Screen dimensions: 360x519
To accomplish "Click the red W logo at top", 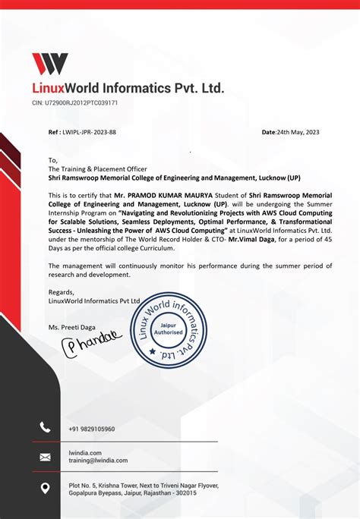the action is click(x=49, y=64).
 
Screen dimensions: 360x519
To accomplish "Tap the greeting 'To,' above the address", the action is click(x=53, y=161).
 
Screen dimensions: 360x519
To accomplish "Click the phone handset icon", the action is click(x=45, y=428).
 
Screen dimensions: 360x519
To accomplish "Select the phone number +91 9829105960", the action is click(x=92, y=429).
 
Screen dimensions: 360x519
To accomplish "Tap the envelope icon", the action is click(x=45, y=457).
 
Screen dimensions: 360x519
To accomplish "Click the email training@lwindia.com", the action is click(x=98, y=461).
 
